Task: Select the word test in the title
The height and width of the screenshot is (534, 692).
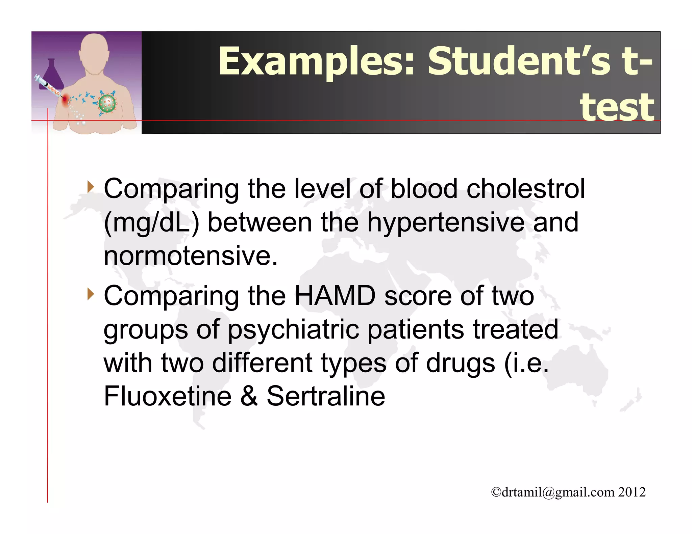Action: click(617, 107)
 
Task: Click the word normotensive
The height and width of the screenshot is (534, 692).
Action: click(190, 256)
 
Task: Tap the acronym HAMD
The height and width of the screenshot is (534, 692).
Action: click(335, 296)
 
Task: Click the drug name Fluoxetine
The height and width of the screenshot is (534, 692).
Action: click(168, 396)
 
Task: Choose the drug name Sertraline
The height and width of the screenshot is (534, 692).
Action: click(326, 396)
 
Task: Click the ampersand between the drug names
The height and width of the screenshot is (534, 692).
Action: click(249, 396)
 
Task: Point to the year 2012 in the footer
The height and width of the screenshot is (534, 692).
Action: click(632, 492)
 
